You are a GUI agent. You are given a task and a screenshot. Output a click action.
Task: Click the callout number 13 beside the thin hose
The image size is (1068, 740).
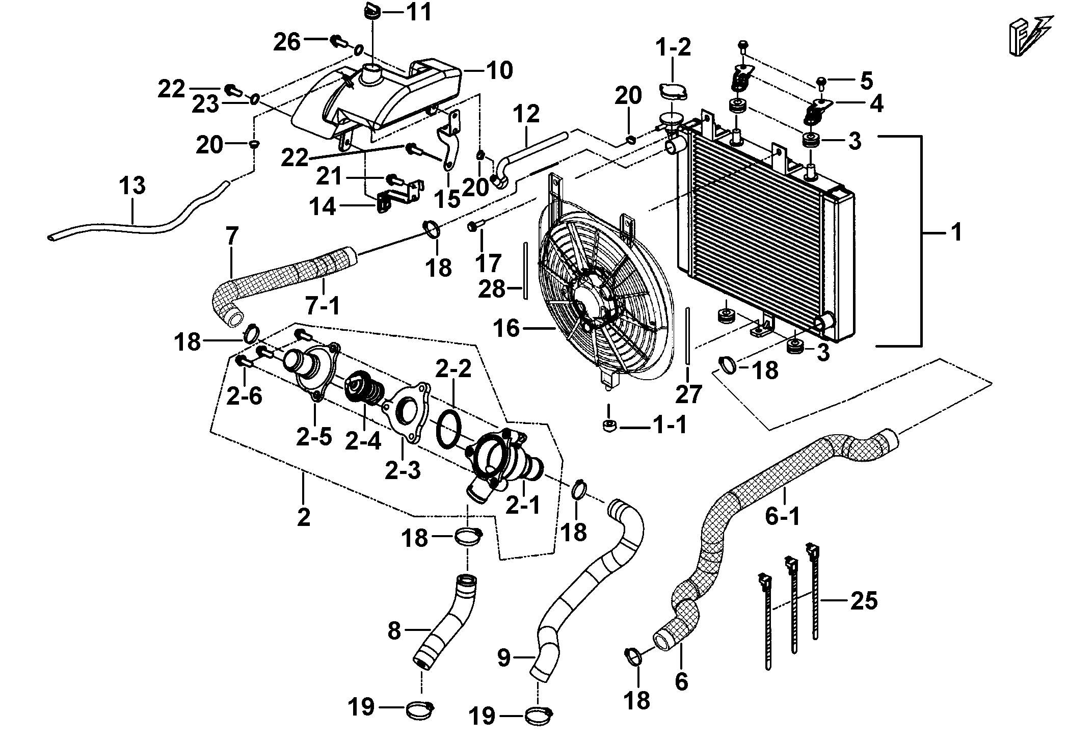[x=132, y=186]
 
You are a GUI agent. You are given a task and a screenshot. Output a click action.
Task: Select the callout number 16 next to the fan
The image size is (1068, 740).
[x=506, y=328]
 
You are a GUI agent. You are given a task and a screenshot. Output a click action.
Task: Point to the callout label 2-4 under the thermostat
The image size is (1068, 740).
[x=363, y=440]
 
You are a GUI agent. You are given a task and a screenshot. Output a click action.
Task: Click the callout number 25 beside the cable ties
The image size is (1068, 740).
[x=864, y=601]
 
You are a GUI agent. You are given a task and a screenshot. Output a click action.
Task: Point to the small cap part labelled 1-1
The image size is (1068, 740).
[x=608, y=426]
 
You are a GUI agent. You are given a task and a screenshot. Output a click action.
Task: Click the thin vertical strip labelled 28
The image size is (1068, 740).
[x=524, y=273]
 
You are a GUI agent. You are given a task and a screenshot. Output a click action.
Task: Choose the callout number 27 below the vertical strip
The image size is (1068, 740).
[x=689, y=394]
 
